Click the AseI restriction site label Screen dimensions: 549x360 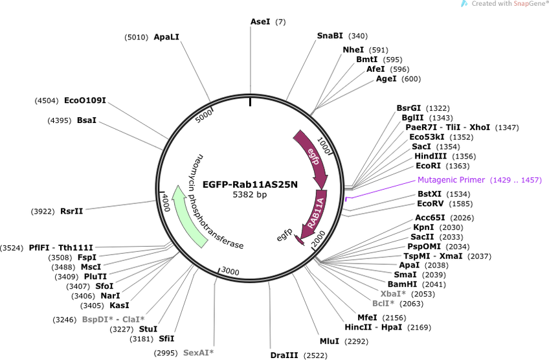click(260, 22)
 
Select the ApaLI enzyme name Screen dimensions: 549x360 click(166, 37)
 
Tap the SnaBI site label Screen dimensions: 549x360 click(330, 36)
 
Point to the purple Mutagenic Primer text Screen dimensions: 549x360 click(451, 180)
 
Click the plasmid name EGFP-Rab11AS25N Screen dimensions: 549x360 click(250, 184)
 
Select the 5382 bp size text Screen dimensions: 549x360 click(250, 194)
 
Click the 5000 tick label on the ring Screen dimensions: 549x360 click(204, 116)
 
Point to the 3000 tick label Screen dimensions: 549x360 click(230, 271)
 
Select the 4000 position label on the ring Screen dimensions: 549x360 click(165, 203)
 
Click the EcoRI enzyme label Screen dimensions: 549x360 click(428, 166)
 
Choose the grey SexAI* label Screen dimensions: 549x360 click(198, 353)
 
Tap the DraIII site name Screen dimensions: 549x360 click(284, 355)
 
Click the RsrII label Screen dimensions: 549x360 click(71, 211)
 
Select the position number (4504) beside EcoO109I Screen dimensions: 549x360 click(47, 101)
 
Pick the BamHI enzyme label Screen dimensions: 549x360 click(402, 284)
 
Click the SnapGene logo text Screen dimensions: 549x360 click(529, 3)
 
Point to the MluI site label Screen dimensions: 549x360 click(330, 341)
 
